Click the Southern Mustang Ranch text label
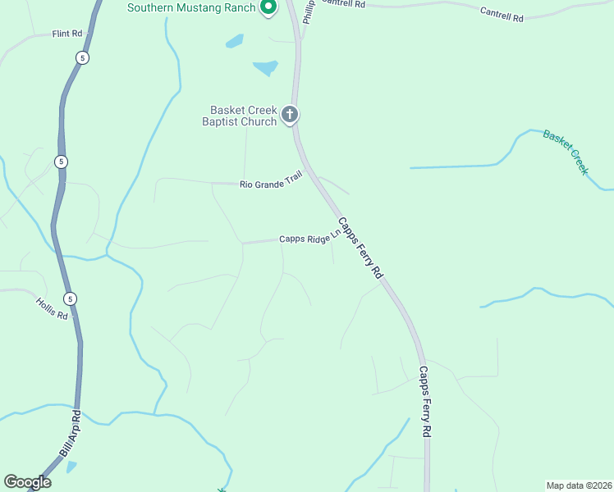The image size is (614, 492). (x=190, y=8)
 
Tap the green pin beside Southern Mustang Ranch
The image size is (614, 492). (x=267, y=7)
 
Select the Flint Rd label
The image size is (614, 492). (x=67, y=34)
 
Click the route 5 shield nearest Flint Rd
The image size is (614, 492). (x=82, y=57)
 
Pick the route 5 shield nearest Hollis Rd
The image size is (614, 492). (x=70, y=298)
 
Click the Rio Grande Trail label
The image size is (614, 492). (x=271, y=180)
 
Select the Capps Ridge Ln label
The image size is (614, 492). (x=309, y=239)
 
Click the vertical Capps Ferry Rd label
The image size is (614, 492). (x=425, y=401)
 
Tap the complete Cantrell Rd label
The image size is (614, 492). (x=502, y=14)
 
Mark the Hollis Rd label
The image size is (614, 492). (x=51, y=308)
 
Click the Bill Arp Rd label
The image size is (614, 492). (x=69, y=435)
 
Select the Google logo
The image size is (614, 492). (x=27, y=481)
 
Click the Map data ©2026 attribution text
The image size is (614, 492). (x=578, y=485)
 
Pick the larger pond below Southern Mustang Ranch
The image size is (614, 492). (x=265, y=67)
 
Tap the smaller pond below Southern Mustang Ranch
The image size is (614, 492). (x=235, y=40)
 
